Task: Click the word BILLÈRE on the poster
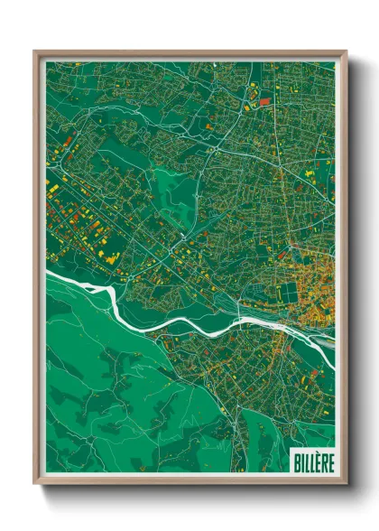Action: (311, 462)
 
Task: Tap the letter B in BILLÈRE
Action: (296, 462)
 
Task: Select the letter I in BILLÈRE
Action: (301, 462)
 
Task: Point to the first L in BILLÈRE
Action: (306, 462)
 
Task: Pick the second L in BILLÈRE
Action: (311, 462)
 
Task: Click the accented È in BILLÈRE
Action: (316, 462)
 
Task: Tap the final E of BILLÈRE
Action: (328, 462)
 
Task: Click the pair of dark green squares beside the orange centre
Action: (288, 292)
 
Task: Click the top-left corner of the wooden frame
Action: (35, 52)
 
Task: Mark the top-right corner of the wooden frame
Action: (346, 52)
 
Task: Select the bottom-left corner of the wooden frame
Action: (35, 482)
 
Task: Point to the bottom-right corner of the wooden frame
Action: (346, 482)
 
